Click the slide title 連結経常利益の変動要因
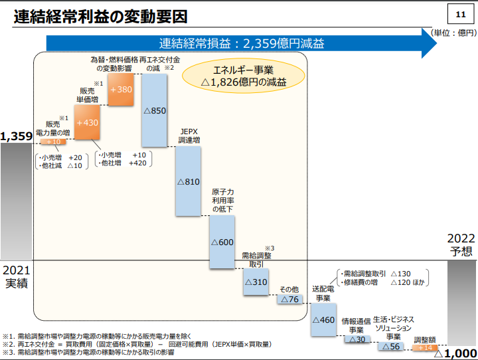tap(100, 17)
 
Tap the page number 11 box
tap(460, 15)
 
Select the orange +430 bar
tap(87, 123)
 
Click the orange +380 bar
tap(121, 89)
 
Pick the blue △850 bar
tap(154, 110)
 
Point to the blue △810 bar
tap(188, 181)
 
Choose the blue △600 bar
tap(222, 242)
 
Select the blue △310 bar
tap(256, 282)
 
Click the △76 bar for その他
tap(289, 300)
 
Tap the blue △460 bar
tap(323, 320)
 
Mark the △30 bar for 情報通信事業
tap(357, 339)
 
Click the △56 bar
tap(390, 347)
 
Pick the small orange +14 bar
tap(424, 347)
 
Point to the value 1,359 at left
tap(17, 137)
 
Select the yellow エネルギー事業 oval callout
tap(244, 75)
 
